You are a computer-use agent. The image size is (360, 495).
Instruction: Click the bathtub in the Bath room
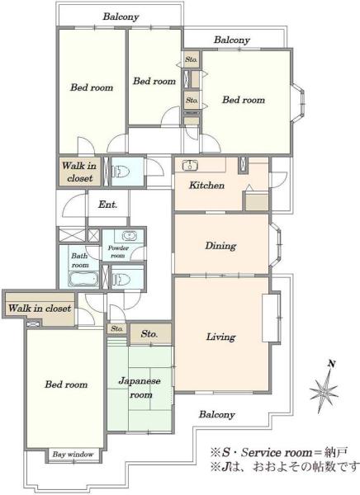(83, 279)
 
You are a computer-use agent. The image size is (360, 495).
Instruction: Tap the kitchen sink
(190, 166)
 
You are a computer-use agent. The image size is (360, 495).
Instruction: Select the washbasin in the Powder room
(130, 236)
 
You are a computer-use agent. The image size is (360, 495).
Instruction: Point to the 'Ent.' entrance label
(108, 205)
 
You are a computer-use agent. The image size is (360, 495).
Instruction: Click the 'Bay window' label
(73, 455)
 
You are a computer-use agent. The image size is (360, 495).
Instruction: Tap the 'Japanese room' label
(140, 388)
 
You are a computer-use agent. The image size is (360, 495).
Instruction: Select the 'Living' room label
(221, 337)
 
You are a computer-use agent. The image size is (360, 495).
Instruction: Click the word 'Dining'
(220, 246)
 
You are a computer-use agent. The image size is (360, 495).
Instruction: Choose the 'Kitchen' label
(206, 185)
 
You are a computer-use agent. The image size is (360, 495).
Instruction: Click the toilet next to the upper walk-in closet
(121, 172)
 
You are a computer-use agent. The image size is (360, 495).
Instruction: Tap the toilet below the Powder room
(121, 279)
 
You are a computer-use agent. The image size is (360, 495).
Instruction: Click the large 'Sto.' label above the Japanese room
(149, 333)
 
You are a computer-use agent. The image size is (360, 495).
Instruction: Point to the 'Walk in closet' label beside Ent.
(79, 172)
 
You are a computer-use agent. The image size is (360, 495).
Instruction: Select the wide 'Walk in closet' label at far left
(40, 308)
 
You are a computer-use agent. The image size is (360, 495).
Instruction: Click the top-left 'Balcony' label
(121, 16)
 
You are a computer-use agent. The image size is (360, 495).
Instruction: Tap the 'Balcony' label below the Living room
(217, 414)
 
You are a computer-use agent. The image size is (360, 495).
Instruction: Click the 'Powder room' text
(118, 252)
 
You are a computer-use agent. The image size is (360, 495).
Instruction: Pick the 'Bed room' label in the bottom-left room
(66, 384)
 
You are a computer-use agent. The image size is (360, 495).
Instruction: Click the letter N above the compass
(332, 364)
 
